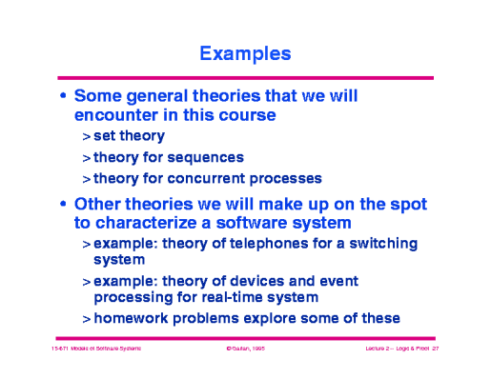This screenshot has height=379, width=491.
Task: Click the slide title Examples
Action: (x=245, y=54)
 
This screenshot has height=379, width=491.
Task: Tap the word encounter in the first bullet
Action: (x=116, y=115)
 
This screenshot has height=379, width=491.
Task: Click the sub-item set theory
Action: (x=129, y=136)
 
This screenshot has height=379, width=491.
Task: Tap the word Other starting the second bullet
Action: (x=98, y=204)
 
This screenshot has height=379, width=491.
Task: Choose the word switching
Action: (x=380, y=244)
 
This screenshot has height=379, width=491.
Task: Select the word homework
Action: (x=133, y=318)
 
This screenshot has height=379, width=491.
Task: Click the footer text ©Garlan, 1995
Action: (x=245, y=350)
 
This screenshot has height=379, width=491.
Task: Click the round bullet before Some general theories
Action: (x=64, y=97)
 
